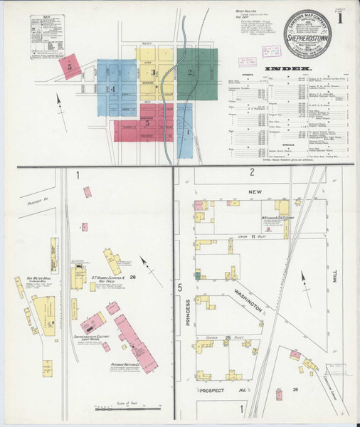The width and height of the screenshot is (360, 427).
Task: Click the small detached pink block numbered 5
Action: (70, 67)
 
